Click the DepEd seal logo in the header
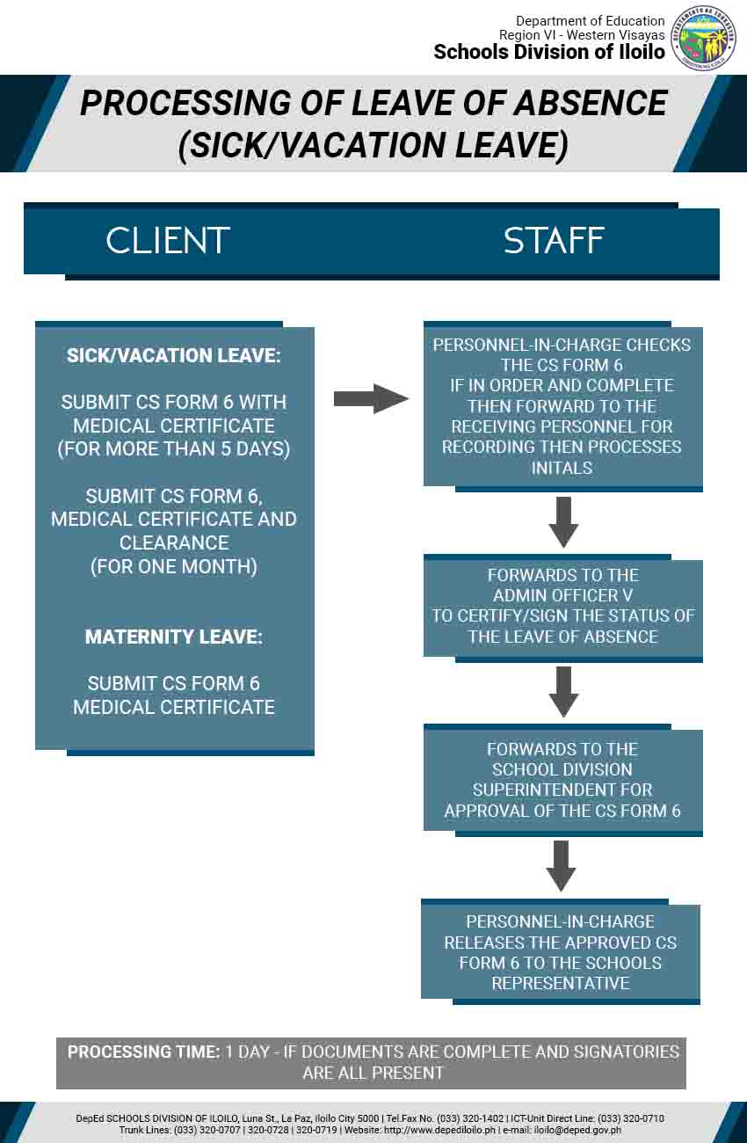703,38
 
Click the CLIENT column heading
168,241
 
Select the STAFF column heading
554,241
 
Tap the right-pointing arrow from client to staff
371,399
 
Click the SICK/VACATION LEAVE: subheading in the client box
174,355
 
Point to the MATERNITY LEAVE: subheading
174,637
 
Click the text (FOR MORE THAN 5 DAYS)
174,449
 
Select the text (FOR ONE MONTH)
174,566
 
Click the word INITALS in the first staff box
562,468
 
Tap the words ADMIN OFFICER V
563,595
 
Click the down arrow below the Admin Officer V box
563,691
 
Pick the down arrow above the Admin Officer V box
563,521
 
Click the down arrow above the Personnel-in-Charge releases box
561,865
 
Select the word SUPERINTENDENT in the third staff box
562,790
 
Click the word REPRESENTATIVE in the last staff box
561,983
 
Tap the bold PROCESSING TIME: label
144,1052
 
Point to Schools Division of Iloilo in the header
549,52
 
